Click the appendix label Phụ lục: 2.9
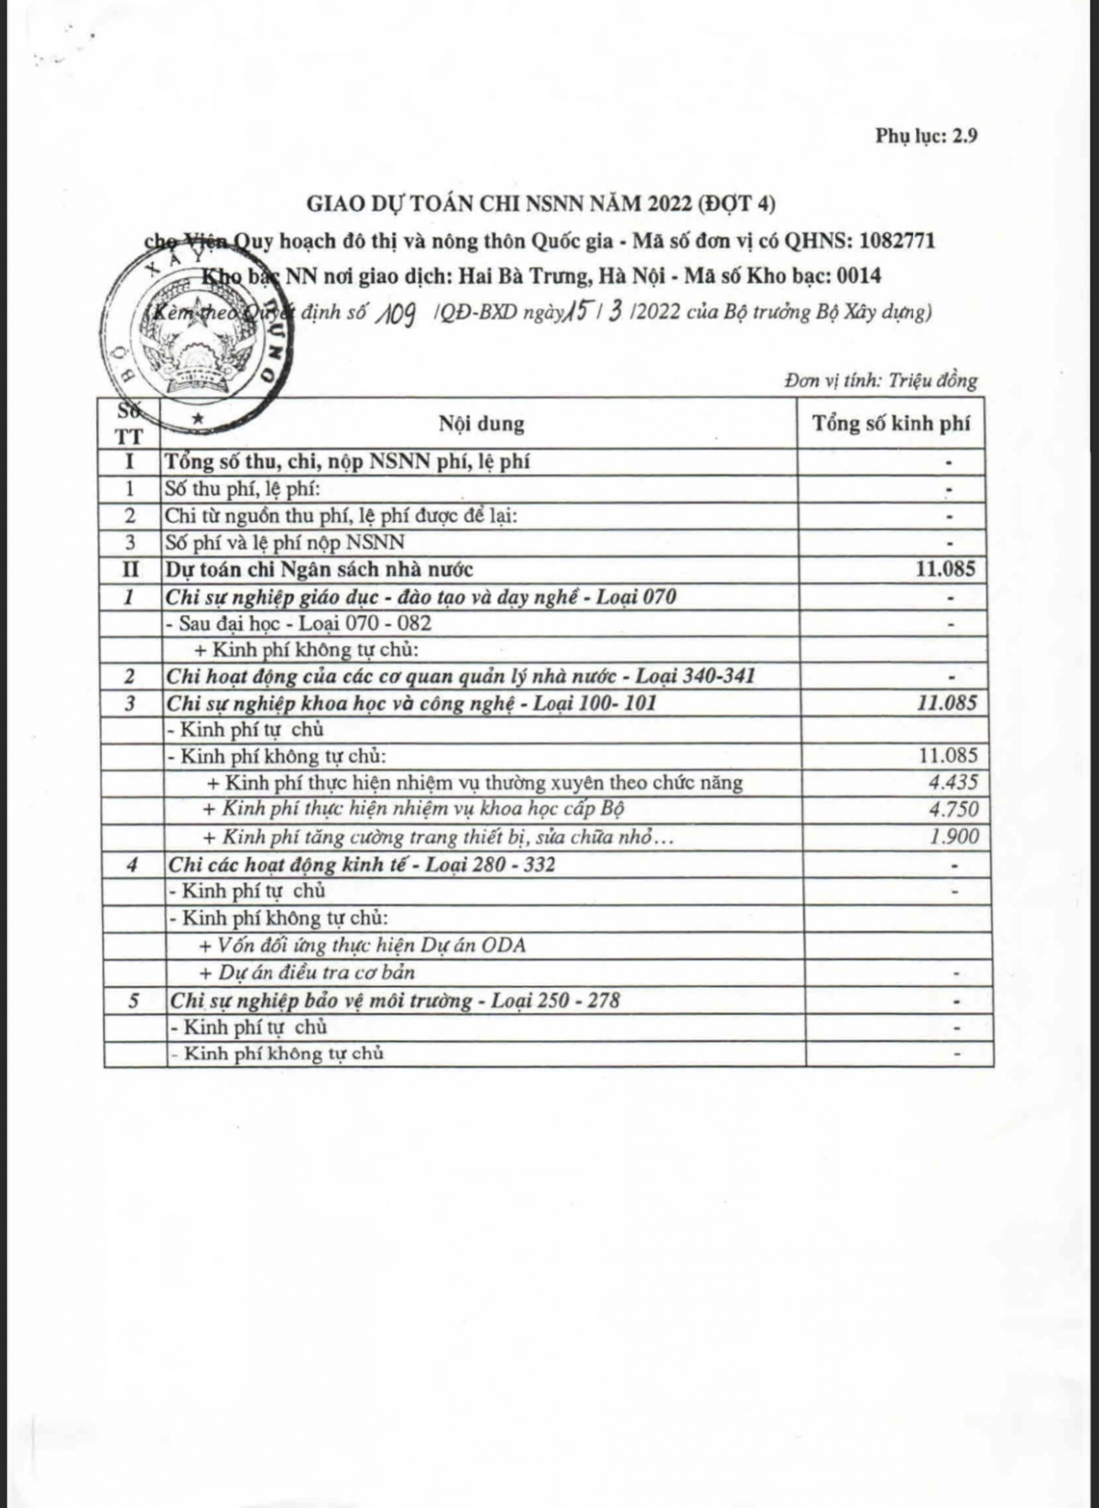point(926,136)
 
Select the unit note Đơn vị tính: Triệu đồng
point(881,380)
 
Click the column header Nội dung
point(481,424)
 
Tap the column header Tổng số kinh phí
point(891,423)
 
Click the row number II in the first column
point(130,570)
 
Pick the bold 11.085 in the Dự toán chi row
point(945,570)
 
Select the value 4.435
point(952,783)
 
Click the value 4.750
point(952,809)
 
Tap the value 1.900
point(952,837)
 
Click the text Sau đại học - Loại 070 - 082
point(299,624)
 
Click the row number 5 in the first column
point(134,1000)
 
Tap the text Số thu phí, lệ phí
point(242,489)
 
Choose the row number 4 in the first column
point(133,864)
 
